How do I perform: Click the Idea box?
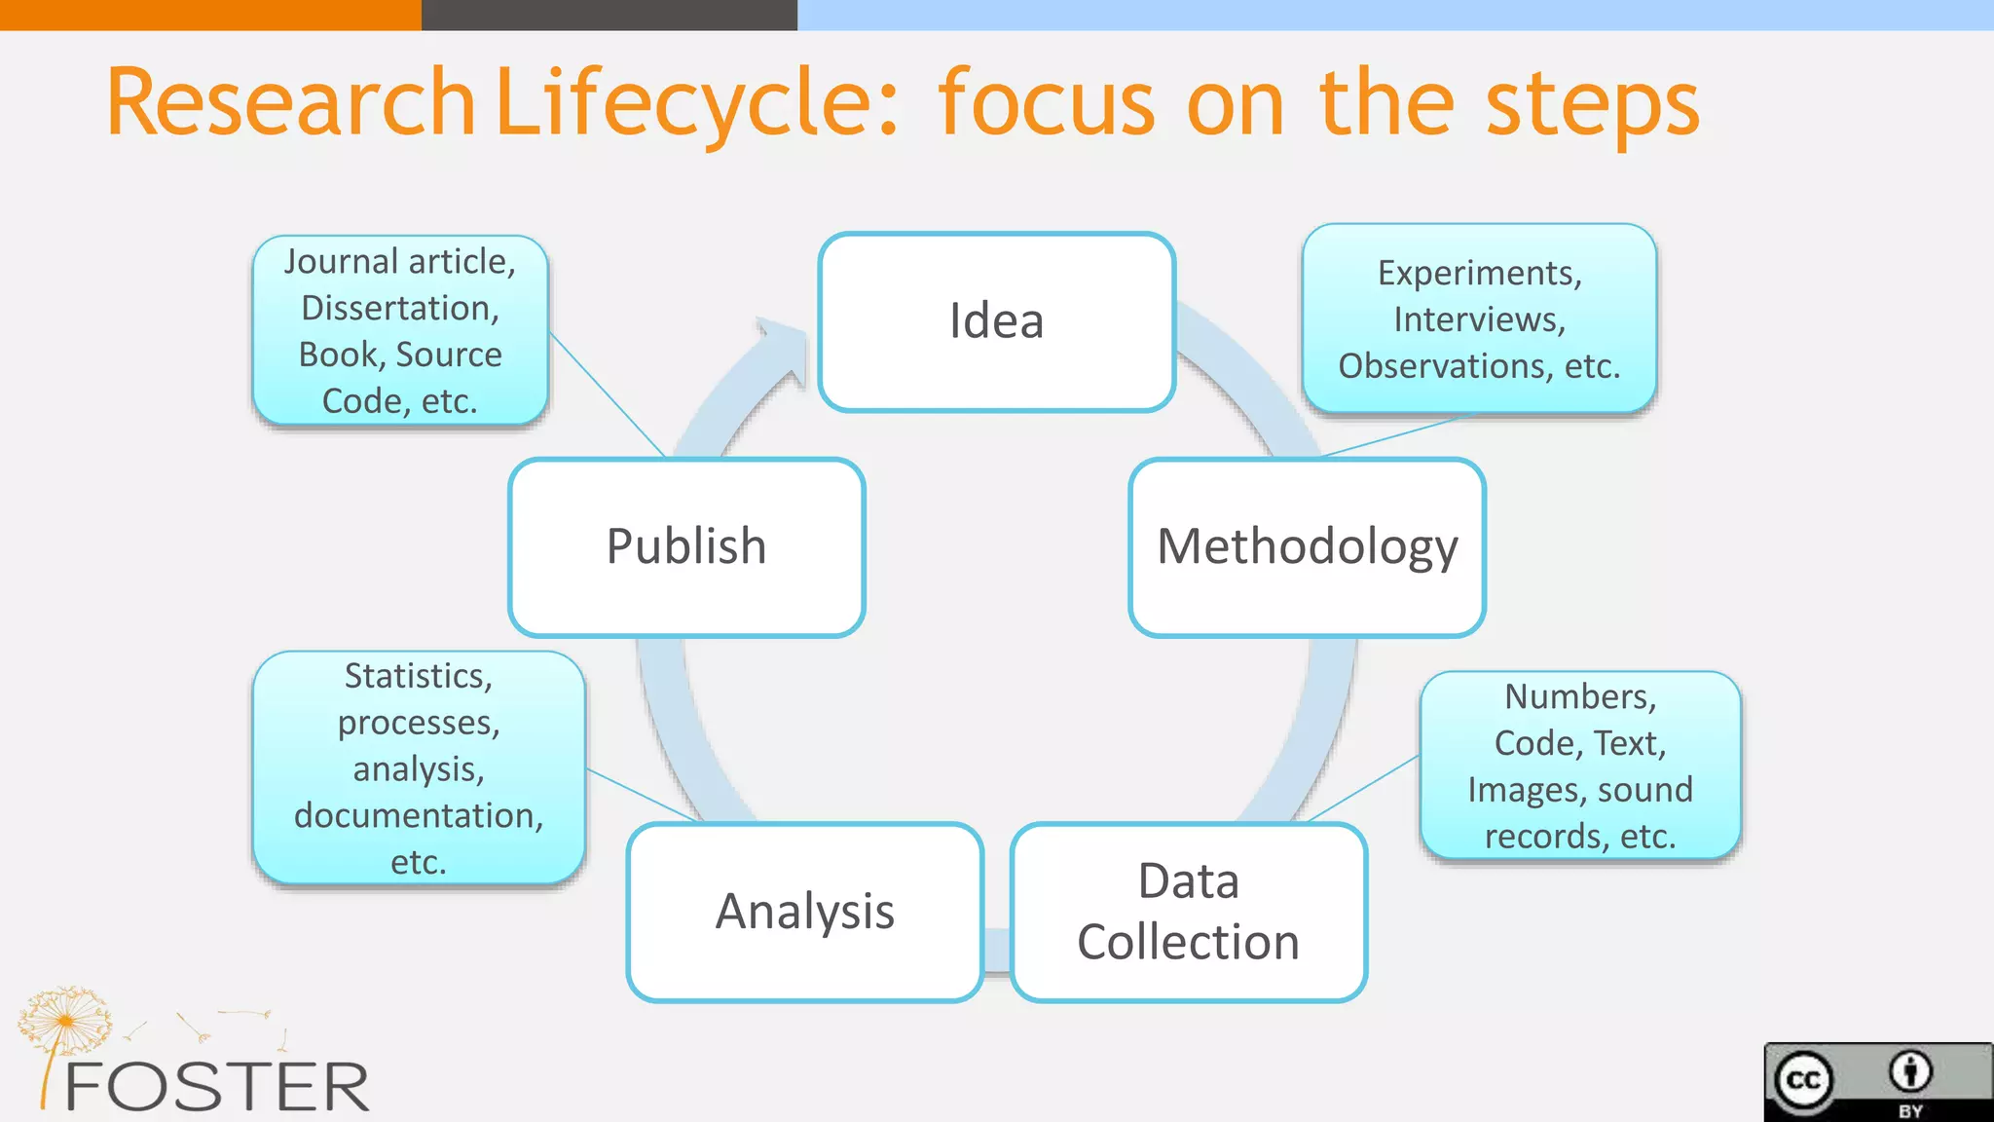click(x=996, y=322)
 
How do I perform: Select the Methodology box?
click(x=1307, y=547)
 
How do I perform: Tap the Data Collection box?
click(x=1188, y=912)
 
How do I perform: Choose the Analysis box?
click(x=804, y=912)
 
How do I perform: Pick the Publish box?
click(x=686, y=547)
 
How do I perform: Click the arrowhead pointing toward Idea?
click(x=785, y=347)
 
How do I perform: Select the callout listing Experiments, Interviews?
click(x=1479, y=319)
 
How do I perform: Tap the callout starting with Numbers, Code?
click(x=1579, y=767)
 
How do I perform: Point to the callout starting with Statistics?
click(x=419, y=767)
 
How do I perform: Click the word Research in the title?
click(x=290, y=103)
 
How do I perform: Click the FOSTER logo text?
click(x=216, y=1087)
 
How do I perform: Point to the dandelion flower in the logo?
click(x=64, y=1019)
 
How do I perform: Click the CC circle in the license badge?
click(x=1804, y=1080)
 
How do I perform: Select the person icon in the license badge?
click(x=1910, y=1071)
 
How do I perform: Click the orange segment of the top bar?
click(x=210, y=15)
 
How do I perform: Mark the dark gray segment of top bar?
click(x=609, y=15)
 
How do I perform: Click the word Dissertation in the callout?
click(x=400, y=309)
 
